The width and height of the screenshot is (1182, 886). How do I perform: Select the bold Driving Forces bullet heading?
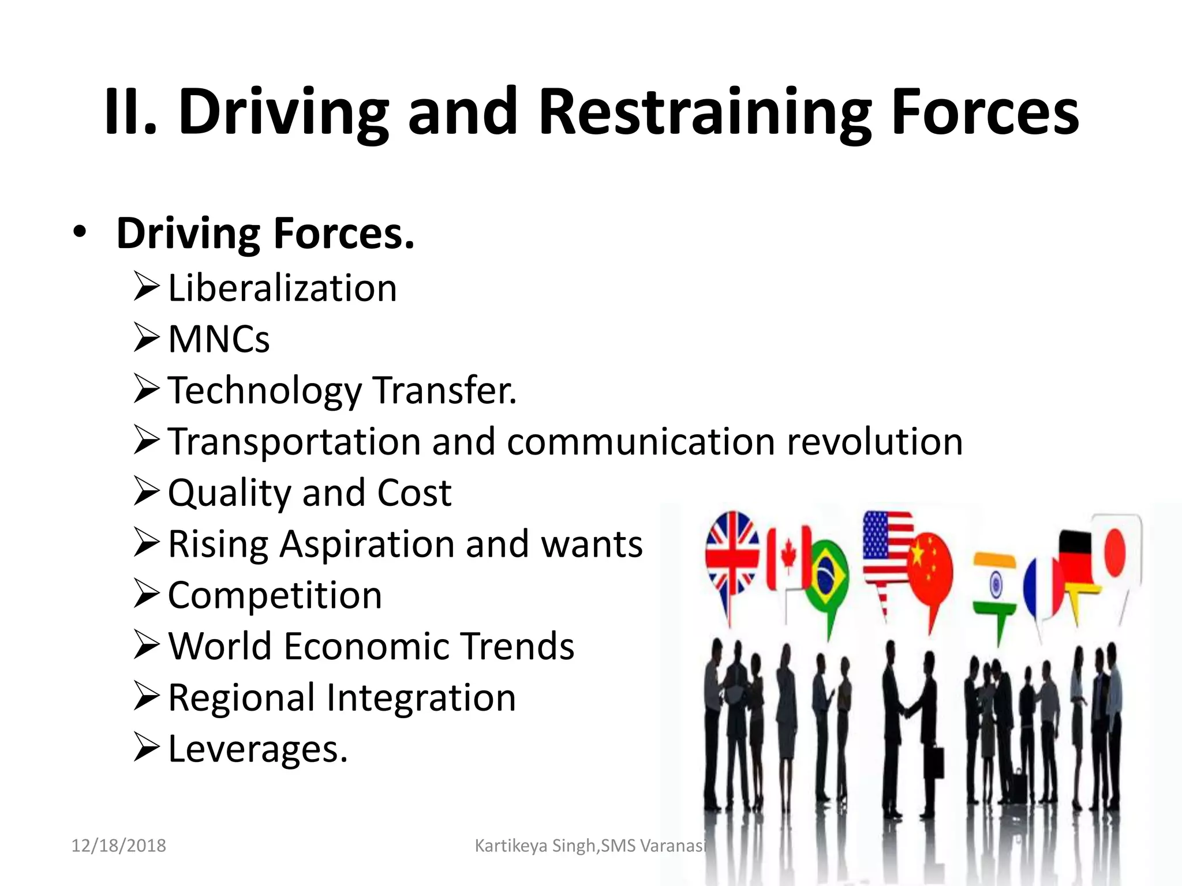tap(265, 234)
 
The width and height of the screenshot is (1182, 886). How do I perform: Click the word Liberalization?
tap(282, 288)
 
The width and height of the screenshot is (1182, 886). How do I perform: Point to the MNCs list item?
tap(219, 339)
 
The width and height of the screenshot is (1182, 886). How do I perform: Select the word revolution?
tap(875, 442)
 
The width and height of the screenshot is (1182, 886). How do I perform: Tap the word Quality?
tap(229, 494)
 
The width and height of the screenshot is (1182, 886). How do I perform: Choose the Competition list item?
tap(275, 595)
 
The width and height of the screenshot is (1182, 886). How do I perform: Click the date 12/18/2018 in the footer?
tap(118, 846)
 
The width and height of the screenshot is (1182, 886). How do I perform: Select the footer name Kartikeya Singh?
tap(535, 846)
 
